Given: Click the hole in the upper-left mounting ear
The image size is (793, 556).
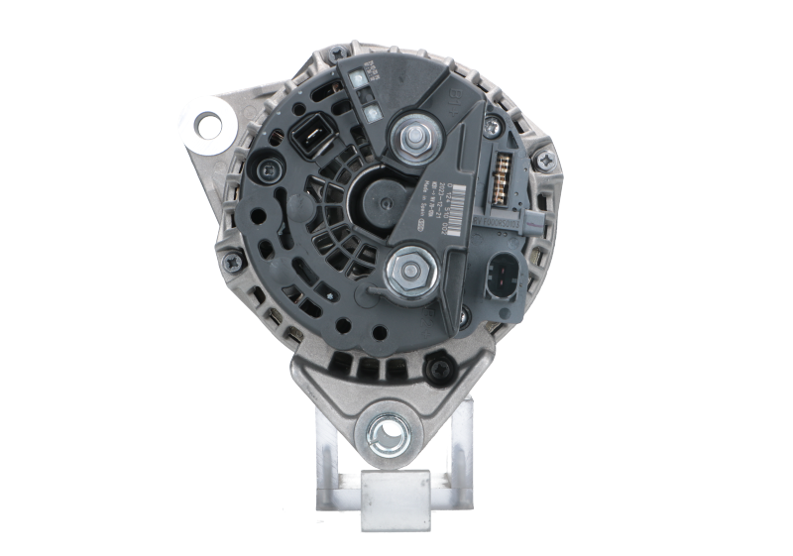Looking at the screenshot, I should pos(210,124).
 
